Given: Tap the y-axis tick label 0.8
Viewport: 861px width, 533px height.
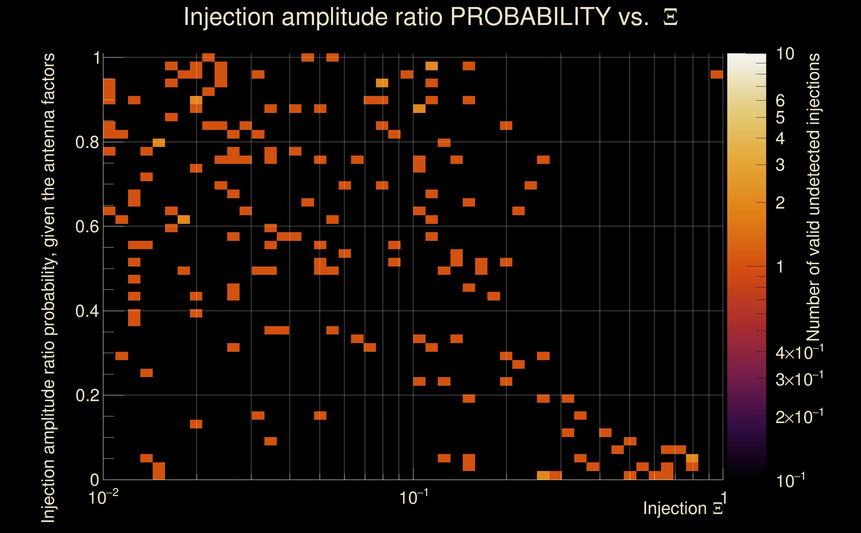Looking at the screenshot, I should click(87, 143).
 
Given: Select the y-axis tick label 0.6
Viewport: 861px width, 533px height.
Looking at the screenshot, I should click(87, 227).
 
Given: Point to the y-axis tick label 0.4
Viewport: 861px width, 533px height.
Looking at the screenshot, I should click(87, 311).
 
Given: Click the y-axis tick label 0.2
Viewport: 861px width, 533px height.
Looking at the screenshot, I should click(87, 395).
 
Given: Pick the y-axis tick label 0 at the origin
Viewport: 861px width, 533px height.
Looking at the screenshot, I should click(94, 480).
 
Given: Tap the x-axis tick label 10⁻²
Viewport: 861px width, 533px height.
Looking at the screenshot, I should click(103, 498).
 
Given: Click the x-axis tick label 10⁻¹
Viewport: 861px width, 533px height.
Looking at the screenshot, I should click(414, 498).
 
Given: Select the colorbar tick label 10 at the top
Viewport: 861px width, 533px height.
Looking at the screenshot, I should click(785, 54).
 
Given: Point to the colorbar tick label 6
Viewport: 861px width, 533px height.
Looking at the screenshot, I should click(780, 101).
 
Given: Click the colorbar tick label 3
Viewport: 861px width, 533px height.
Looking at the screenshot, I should click(780, 165).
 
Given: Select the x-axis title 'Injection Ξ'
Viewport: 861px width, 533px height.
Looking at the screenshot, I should click(683, 508).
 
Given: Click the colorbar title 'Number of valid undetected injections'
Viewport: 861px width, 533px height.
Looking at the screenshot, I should click(813, 198).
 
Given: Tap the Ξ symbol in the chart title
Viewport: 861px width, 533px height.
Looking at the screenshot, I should click(670, 17).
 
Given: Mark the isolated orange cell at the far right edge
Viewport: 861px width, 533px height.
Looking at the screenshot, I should click(717, 74).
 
